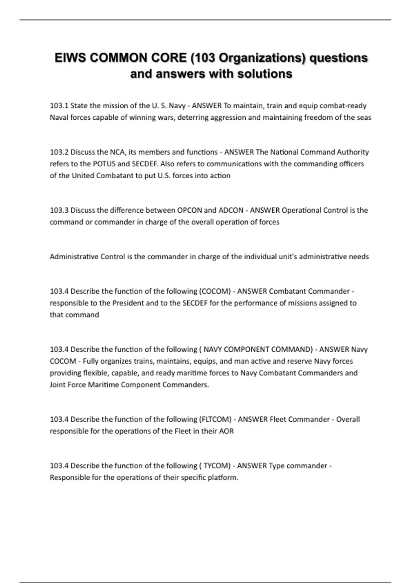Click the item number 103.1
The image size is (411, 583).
coord(59,106)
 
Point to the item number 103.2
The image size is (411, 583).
coord(59,152)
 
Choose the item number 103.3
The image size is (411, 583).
coord(59,210)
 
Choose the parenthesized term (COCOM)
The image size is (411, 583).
coord(215,291)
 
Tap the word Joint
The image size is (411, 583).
coord(57,384)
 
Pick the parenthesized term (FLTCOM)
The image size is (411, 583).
coord(215,419)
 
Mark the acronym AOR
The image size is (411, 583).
coord(226,431)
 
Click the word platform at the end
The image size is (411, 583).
coord(225,477)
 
